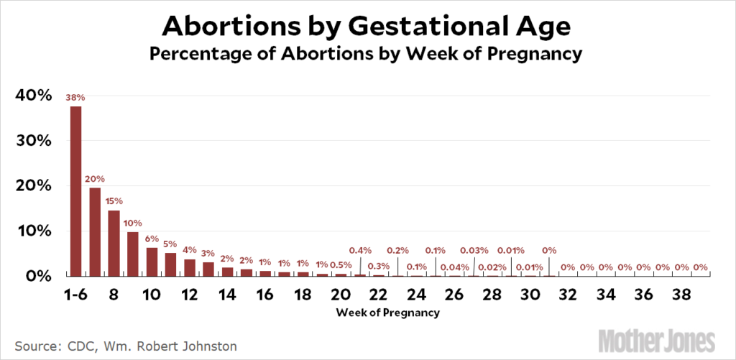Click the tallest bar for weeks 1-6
pos(75,191)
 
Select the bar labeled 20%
pos(95,231)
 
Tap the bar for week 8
pos(114,243)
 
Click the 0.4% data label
pos(360,250)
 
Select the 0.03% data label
pos(474,250)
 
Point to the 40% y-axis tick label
pos(32,95)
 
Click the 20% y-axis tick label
pos(32,185)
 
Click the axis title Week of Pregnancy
pos(387,313)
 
